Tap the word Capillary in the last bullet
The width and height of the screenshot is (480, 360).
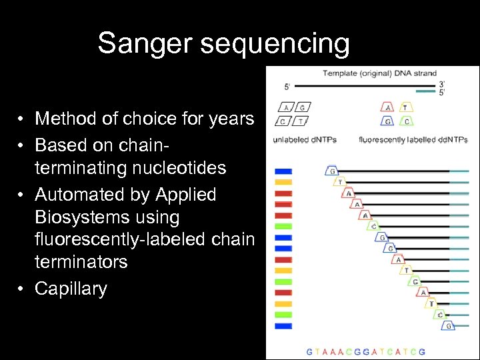(71, 289)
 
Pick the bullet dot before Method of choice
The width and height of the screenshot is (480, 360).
(22, 119)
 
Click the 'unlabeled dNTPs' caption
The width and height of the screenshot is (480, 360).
(305, 139)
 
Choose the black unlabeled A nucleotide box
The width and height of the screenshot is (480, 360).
(286, 107)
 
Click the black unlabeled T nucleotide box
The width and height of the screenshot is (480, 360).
(301, 121)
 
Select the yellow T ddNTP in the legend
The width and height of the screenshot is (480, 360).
(406, 107)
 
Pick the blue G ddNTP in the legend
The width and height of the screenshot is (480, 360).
(388, 121)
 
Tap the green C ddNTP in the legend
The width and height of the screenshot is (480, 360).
(406, 121)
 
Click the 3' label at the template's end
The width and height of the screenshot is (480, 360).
(441, 85)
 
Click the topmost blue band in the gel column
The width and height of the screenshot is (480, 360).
(283, 171)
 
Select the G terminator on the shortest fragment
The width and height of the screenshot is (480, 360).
(331, 171)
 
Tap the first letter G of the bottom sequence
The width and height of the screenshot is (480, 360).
(309, 351)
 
